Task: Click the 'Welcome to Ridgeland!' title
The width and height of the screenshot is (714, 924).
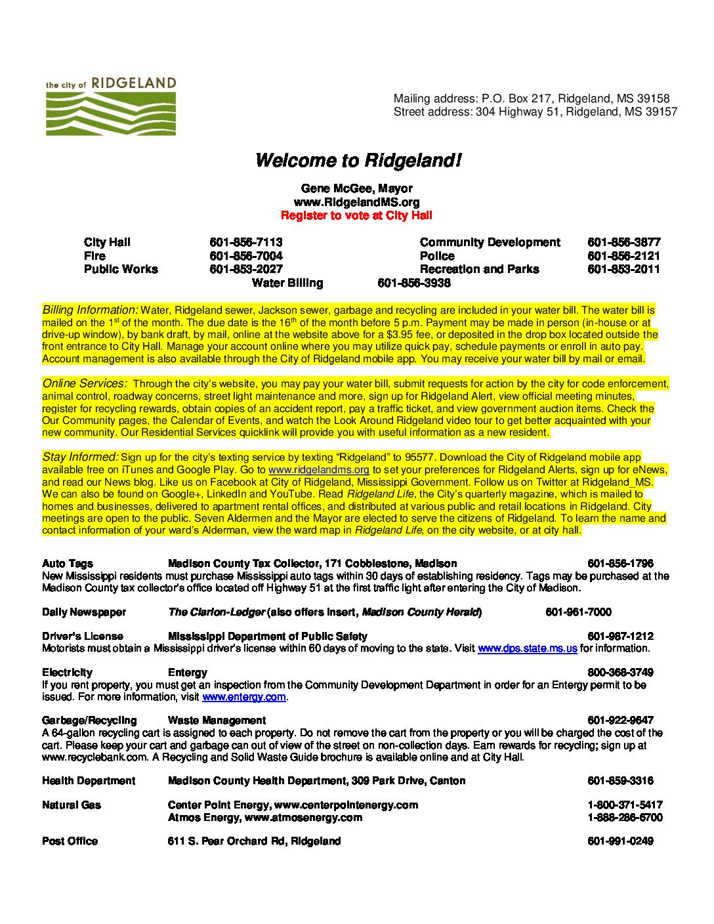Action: pos(358,160)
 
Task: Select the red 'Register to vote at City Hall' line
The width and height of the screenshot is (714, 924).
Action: pos(356,215)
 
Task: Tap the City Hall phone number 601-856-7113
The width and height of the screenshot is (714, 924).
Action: pos(246,242)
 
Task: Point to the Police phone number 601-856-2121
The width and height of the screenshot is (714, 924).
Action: pos(623,256)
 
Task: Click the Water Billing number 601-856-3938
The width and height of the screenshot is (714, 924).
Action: pos(414,283)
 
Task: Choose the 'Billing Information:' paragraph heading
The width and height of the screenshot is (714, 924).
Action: pos(90,310)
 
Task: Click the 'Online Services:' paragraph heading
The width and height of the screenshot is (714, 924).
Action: pos(85,383)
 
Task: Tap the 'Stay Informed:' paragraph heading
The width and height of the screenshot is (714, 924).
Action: pos(80,457)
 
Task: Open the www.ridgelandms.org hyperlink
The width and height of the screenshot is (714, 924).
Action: pos(318,470)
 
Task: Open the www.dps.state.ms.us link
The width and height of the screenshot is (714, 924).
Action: pos(527,648)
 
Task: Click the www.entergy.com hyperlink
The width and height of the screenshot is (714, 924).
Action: pos(243,697)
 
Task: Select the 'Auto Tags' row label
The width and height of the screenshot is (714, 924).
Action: pos(68,563)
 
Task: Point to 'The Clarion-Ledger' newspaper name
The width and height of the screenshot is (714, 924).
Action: pos(217,612)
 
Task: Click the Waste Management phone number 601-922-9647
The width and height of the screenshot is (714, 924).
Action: pos(620,720)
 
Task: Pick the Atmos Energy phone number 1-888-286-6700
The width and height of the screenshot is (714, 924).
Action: pos(625,817)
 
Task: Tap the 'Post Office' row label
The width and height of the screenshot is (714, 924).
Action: pos(70,841)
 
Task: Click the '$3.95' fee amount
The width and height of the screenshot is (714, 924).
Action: pos(400,335)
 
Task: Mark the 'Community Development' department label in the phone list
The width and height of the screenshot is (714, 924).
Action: pos(490,242)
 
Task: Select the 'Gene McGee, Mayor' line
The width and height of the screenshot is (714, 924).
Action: pos(356,188)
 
